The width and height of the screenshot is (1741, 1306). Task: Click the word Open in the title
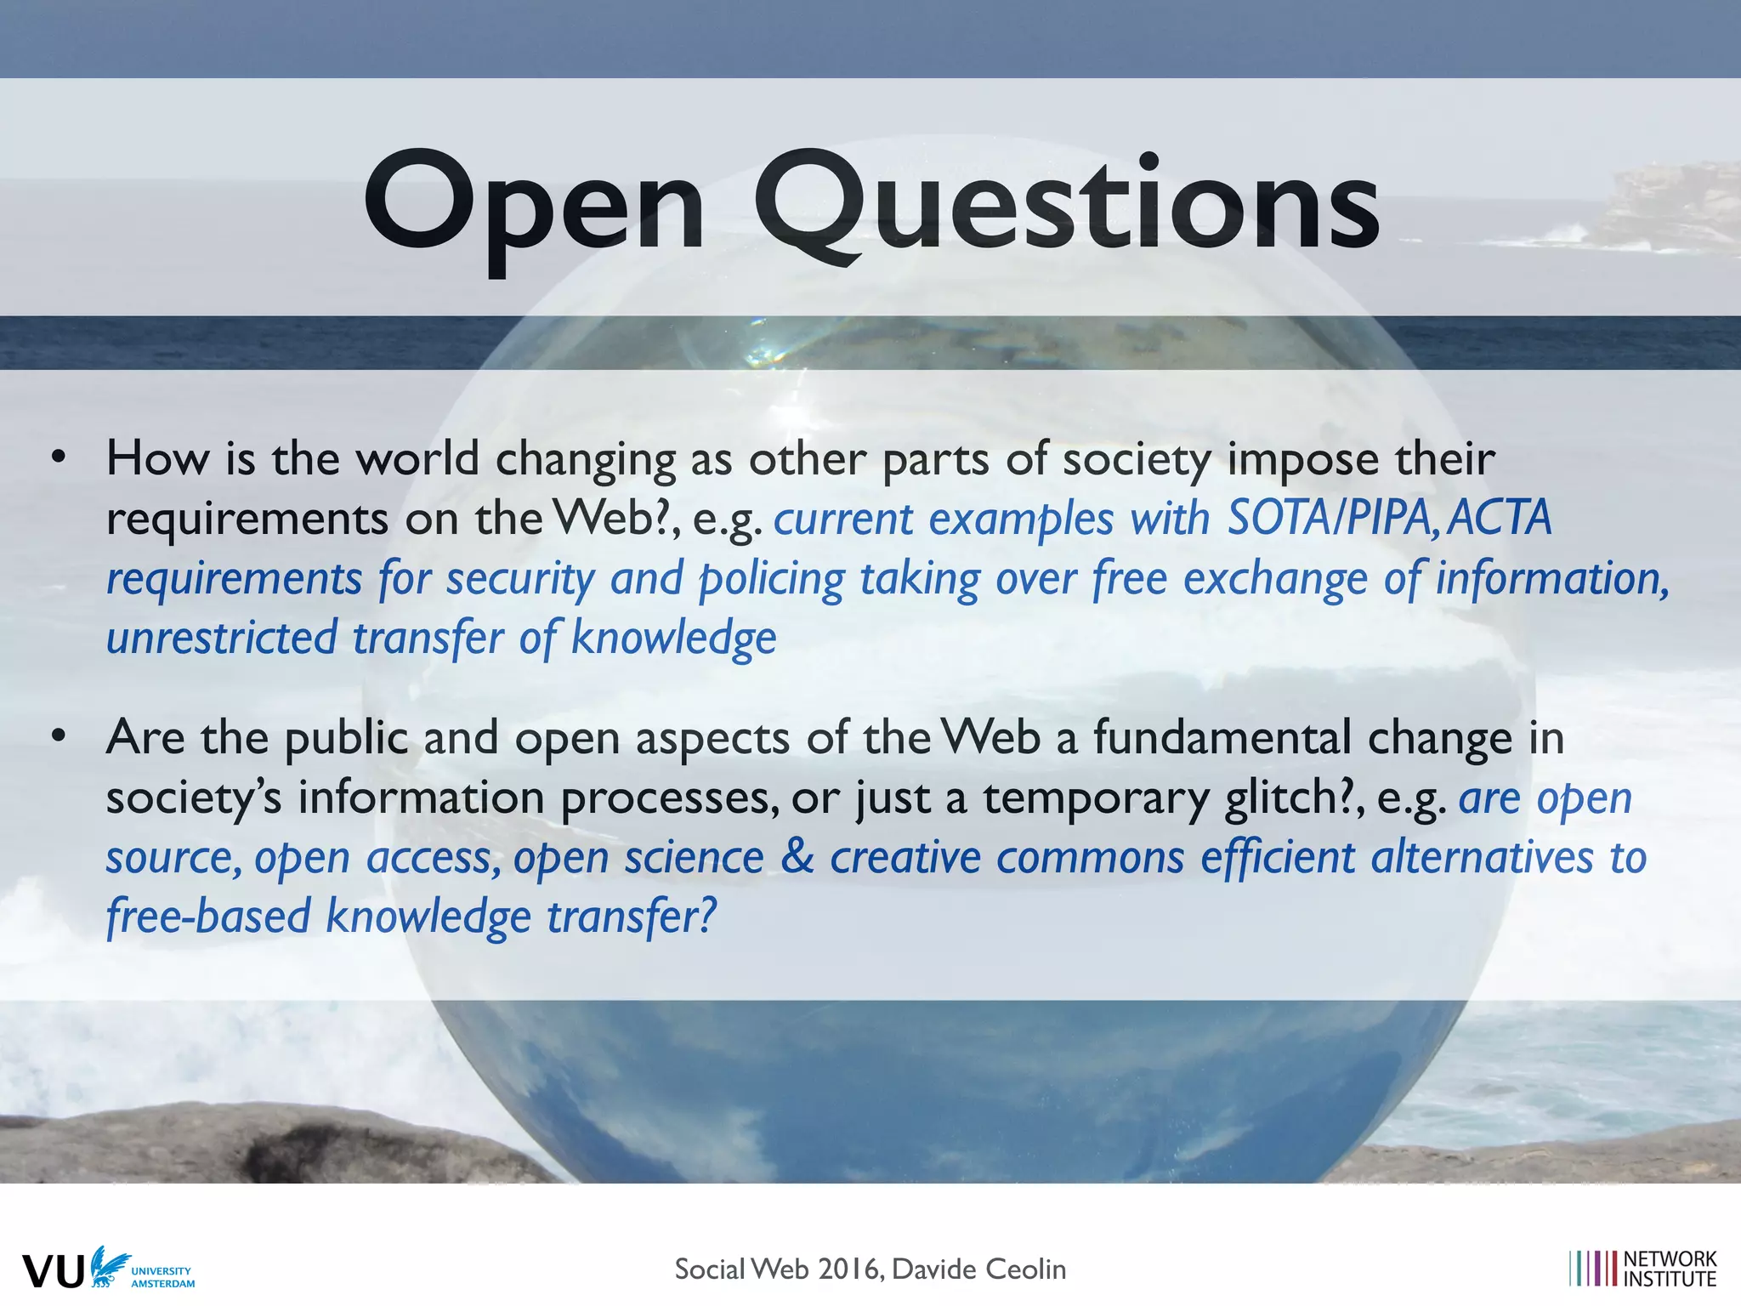(x=534, y=204)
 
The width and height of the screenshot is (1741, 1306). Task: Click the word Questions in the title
(x=1067, y=204)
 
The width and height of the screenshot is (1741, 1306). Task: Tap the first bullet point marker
(x=58, y=457)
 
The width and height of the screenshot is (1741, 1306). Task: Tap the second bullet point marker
(x=58, y=736)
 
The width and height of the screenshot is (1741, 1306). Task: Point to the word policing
(x=771, y=580)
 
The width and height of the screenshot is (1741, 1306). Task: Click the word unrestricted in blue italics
(x=222, y=638)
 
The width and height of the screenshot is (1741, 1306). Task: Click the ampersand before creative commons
(x=797, y=857)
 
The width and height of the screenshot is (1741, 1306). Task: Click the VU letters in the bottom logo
(x=54, y=1271)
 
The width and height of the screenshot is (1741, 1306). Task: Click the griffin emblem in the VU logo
(x=109, y=1266)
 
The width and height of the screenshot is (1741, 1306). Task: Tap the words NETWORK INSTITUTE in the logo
(x=1670, y=1269)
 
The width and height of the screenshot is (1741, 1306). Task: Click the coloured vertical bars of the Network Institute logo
(x=1593, y=1269)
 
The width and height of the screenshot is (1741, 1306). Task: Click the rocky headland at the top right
(x=1666, y=204)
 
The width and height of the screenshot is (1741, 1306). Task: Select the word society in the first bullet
(x=1136, y=459)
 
